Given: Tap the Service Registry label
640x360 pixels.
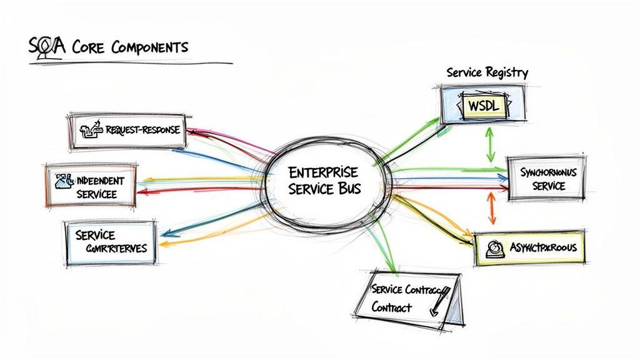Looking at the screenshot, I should point(487,72).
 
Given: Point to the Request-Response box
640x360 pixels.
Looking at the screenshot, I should point(127,131).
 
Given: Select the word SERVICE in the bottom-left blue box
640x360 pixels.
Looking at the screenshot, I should point(95,235).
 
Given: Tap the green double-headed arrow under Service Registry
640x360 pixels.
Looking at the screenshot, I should point(491,145).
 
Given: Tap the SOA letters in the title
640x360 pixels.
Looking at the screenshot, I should point(42,46).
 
